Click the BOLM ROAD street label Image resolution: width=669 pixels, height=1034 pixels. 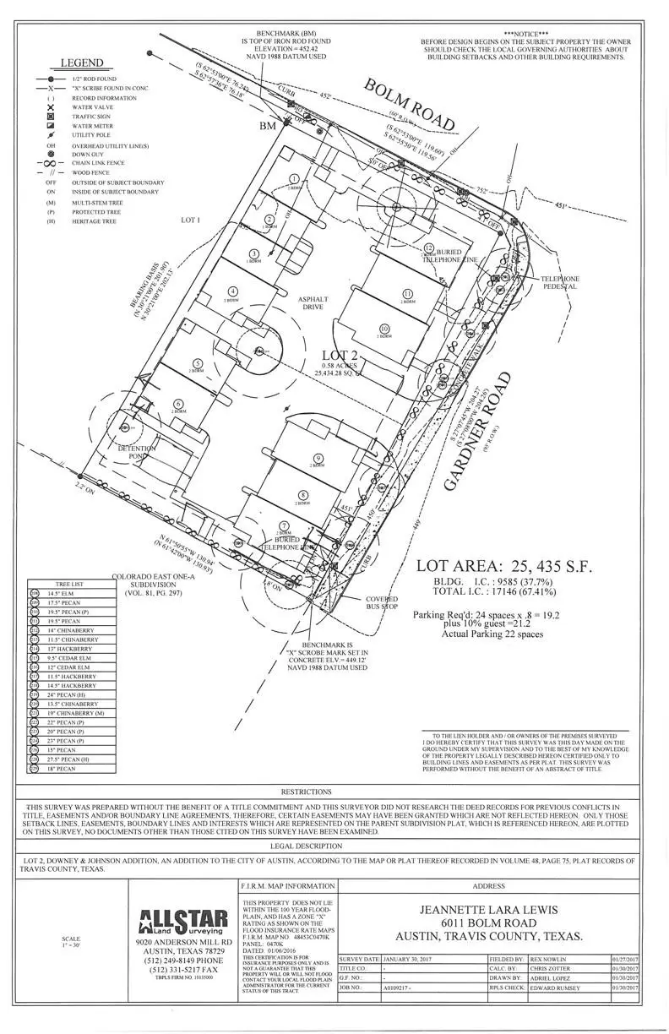point(409,104)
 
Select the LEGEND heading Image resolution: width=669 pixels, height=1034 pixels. point(82,63)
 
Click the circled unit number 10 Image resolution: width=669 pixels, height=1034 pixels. point(384,329)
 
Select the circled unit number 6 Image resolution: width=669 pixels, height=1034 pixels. point(178,404)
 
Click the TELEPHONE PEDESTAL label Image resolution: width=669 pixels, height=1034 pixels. point(560,282)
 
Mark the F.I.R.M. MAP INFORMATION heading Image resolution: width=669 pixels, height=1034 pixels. point(287,887)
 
